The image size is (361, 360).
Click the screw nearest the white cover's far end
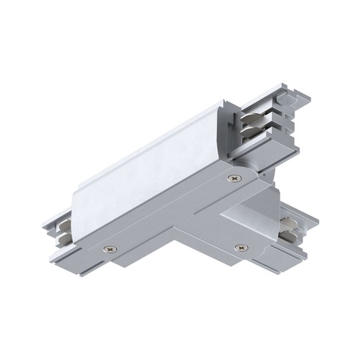click(x=231, y=178)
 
